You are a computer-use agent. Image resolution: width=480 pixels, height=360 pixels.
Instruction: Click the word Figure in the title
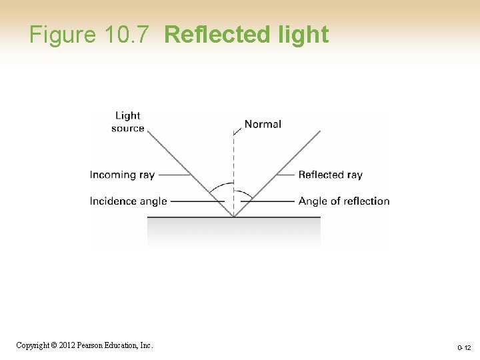(63, 35)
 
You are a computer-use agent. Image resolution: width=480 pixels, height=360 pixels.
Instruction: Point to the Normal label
(263, 124)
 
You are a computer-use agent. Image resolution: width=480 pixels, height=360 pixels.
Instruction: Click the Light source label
(128, 122)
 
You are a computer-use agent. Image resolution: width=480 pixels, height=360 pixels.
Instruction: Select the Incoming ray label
(122, 175)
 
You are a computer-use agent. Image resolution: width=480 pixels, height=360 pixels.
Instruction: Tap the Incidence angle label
(128, 201)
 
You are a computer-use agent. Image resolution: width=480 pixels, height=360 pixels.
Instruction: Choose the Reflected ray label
(330, 175)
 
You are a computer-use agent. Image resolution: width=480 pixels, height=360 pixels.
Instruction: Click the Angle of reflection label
(343, 201)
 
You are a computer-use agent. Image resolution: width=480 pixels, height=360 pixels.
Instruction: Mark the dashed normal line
(233, 167)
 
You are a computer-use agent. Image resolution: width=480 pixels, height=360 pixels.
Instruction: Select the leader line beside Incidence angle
(197, 201)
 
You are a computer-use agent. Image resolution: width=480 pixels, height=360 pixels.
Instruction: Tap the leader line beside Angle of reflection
(270, 201)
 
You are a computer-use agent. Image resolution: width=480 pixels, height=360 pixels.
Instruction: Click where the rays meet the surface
(233, 216)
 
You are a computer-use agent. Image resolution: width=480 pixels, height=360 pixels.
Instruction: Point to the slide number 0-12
(464, 347)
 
